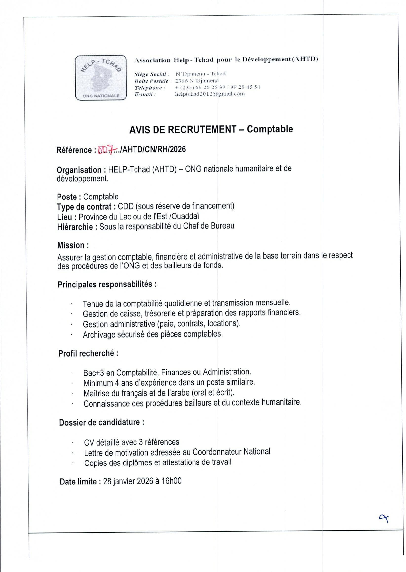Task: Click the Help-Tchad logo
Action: (100, 78)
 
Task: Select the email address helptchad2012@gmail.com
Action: (210, 94)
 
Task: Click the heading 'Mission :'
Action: (73, 245)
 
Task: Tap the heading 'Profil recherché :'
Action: (88, 353)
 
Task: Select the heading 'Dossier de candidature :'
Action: (101, 422)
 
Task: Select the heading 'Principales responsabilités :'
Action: (107, 284)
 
